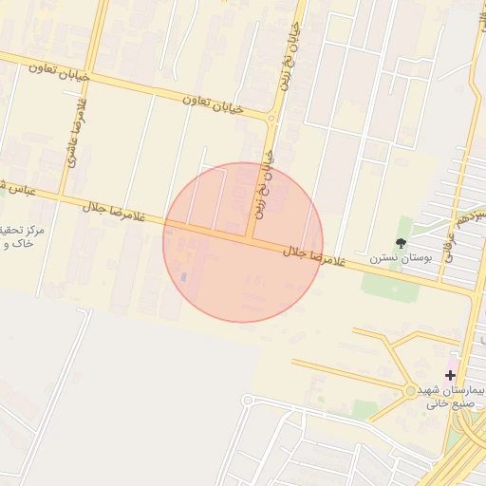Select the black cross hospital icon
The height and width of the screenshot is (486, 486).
(449, 375)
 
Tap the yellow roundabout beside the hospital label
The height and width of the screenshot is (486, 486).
(410, 390)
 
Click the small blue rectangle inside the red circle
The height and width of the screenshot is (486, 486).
(184, 276)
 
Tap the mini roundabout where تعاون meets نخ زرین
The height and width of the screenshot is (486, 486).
(271, 120)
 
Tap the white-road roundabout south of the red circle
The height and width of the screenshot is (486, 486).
(247, 401)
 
